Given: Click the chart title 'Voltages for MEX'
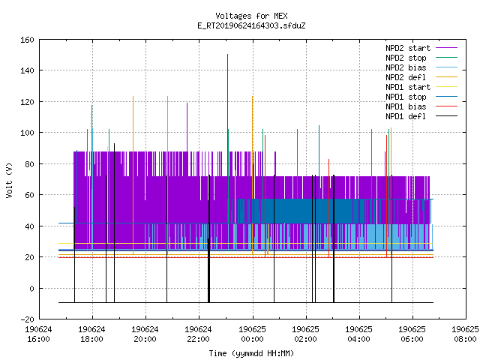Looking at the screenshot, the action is point(251,16).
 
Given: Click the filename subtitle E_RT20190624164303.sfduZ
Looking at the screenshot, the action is point(251,25).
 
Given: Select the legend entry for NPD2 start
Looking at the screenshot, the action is point(408,48).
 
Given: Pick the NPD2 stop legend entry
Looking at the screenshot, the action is point(406,58).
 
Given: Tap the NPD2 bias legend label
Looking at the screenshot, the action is point(406,67).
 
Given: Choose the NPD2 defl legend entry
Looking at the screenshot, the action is point(406,77).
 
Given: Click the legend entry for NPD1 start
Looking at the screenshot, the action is point(408,87).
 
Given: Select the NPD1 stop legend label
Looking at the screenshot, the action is point(406,97).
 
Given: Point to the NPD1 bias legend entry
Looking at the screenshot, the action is point(406,106).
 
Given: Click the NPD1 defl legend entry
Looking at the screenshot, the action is point(406,117).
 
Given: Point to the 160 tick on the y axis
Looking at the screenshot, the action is point(27,40).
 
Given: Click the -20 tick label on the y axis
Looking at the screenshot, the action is point(27,319).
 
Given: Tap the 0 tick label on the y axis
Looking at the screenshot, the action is point(31,288).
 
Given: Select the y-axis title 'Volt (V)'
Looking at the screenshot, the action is point(9,180).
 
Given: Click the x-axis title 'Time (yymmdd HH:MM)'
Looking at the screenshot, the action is point(251,353).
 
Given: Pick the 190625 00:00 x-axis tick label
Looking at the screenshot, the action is point(252,334).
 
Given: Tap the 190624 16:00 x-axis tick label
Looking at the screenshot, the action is point(38,334).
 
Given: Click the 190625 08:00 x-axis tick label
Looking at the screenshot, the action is point(465,334).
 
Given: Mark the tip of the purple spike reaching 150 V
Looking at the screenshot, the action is point(227,55).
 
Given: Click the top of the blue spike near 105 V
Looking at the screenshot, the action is point(319,125).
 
